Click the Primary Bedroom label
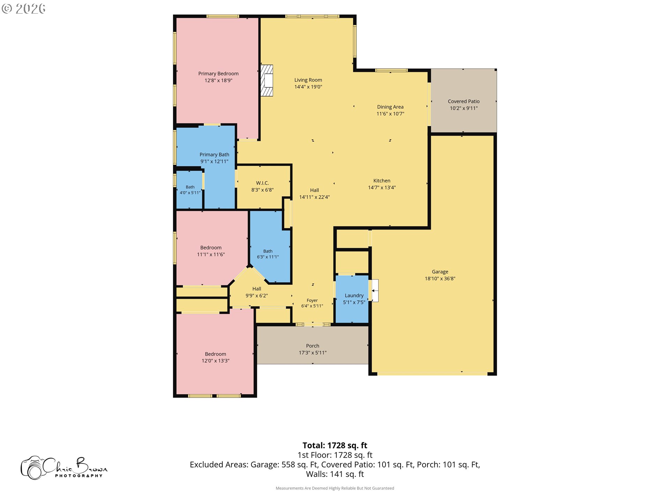(218, 74)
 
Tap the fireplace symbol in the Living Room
(267, 81)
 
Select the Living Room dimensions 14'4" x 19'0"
(308, 87)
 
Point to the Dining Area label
(390, 107)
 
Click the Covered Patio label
(464, 101)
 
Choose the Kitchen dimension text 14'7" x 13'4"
(382, 188)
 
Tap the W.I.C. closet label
(262, 183)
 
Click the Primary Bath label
(214, 155)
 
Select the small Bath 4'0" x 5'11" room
(190, 190)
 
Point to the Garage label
(440, 272)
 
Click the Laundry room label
(354, 296)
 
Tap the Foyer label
(312, 301)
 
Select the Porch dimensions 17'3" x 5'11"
(313, 353)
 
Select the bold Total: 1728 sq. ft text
(335, 446)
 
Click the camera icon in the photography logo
(33, 468)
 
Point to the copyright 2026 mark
(23, 8)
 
